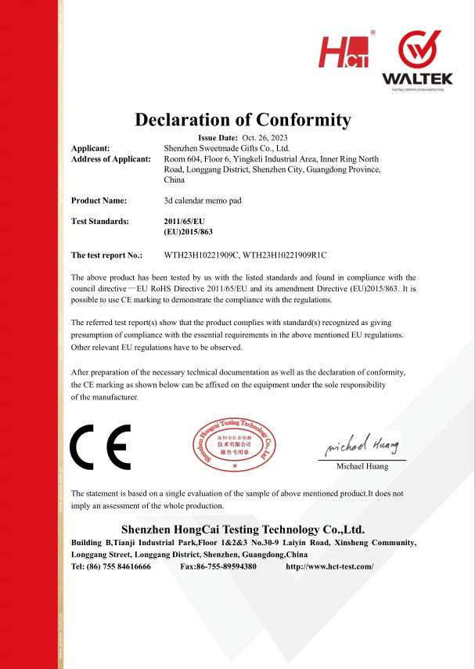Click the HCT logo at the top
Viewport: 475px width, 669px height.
tap(344, 51)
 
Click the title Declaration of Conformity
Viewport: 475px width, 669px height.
tap(243, 120)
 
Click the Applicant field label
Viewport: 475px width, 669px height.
tap(91, 148)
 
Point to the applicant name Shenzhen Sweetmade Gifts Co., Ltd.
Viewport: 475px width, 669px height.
tap(227, 148)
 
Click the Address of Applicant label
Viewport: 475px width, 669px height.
tap(110, 159)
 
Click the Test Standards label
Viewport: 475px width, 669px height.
tap(100, 222)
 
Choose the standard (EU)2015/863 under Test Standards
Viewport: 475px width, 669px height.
tap(189, 233)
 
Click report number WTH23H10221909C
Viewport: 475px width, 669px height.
tap(200, 255)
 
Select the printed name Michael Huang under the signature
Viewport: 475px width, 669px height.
tap(362, 467)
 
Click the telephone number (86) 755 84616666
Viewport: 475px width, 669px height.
tap(119, 566)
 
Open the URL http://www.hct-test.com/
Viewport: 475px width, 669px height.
tap(330, 566)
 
